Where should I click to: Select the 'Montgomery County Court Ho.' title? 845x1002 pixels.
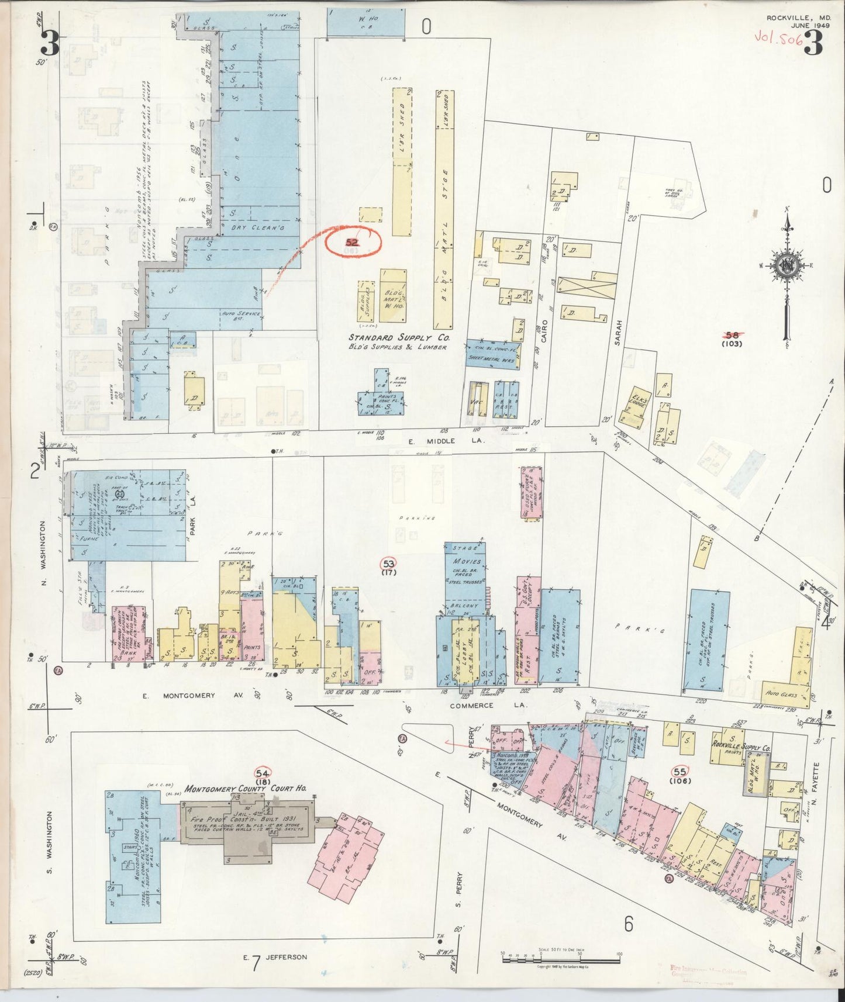[x=245, y=789]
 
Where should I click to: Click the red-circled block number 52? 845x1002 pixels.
[x=353, y=242]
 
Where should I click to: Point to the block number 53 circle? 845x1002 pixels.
[x=388, y=564]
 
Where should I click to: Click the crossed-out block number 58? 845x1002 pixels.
[x=732, y=336]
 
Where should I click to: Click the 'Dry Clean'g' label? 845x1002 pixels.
[x=257, y=227]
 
